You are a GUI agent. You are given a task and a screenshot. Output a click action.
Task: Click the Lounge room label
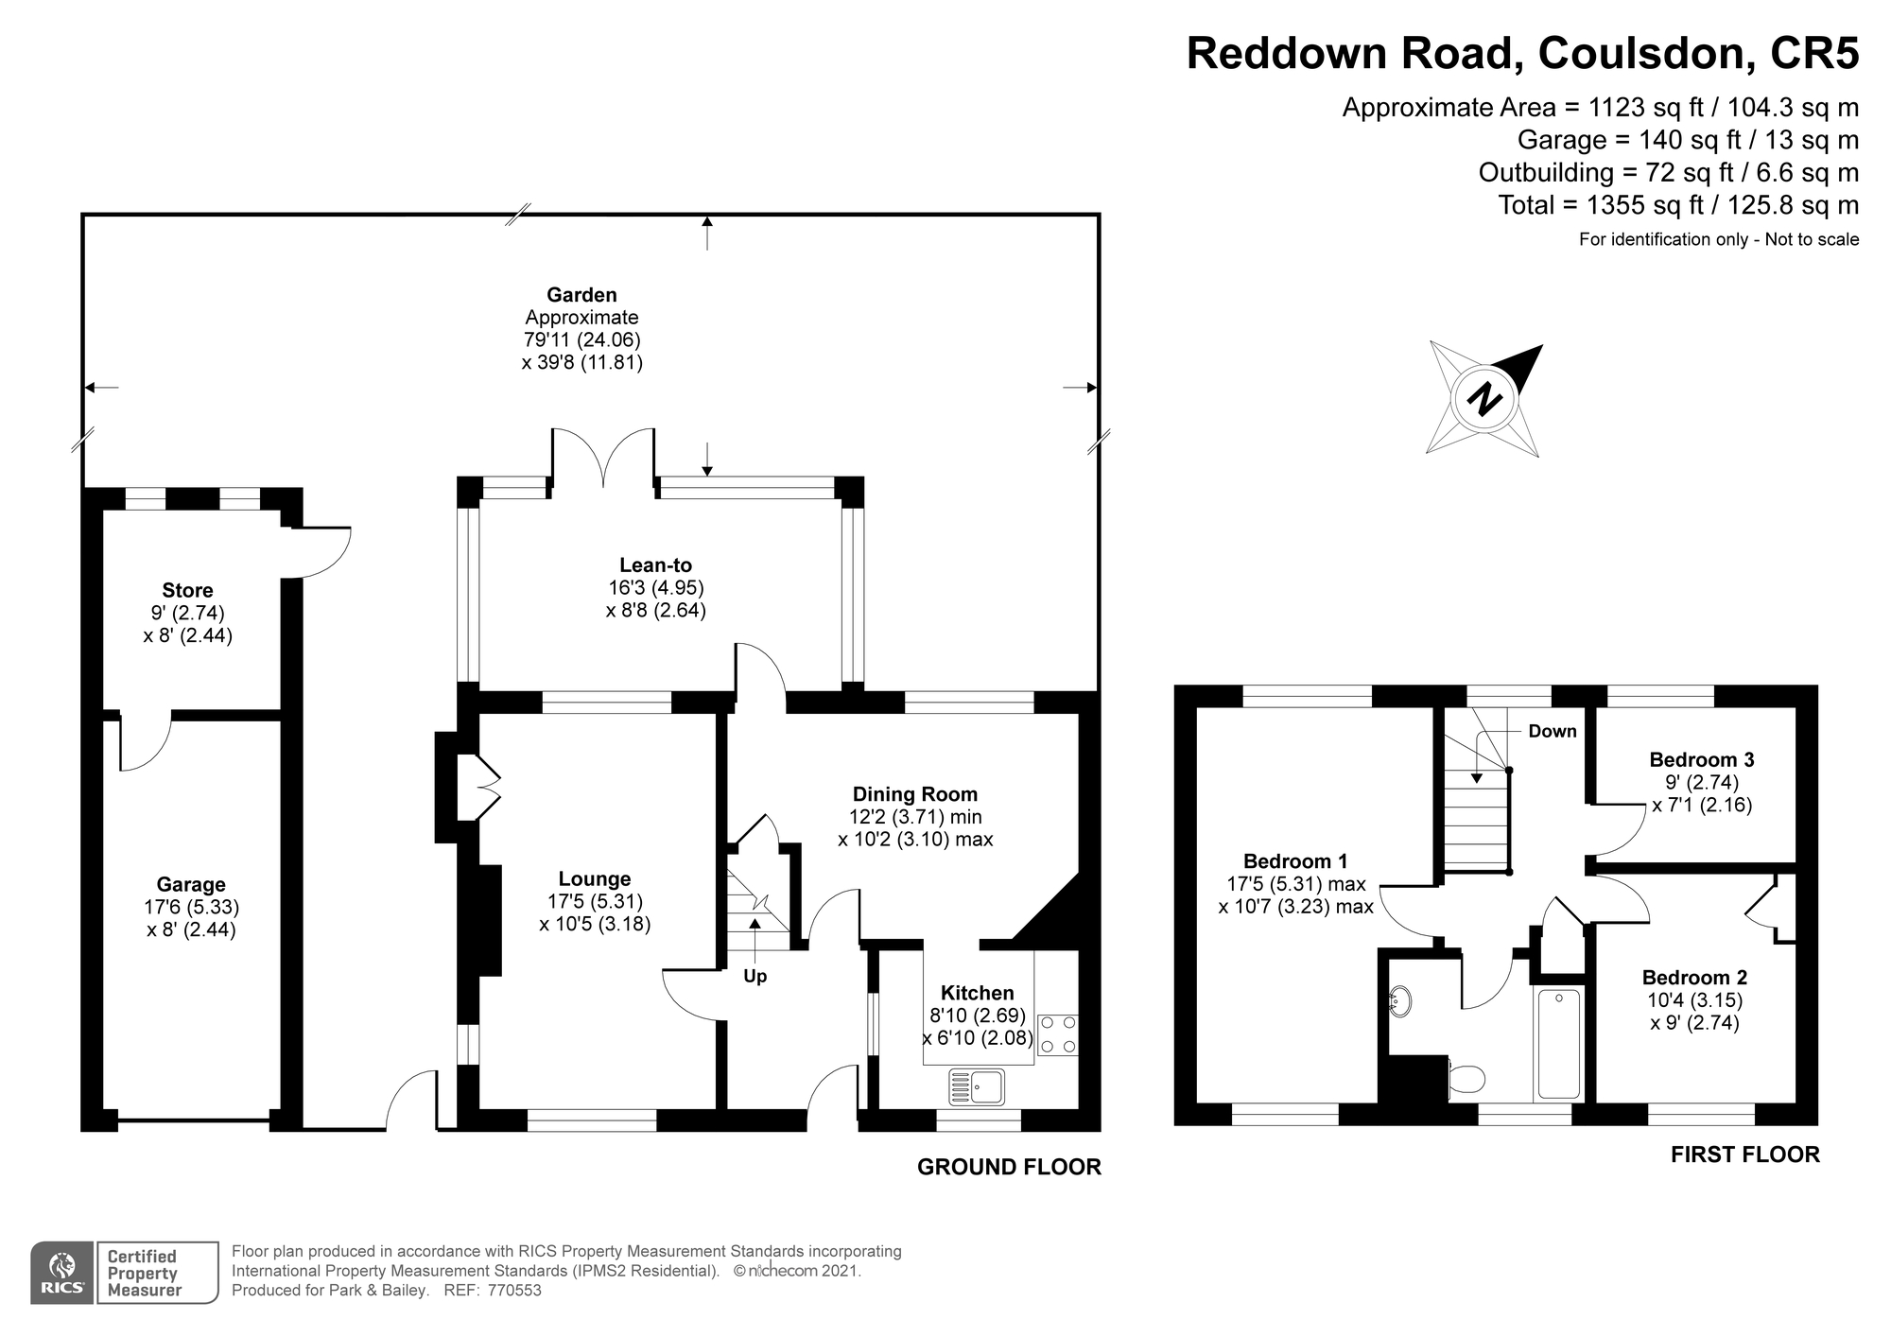(594, 879)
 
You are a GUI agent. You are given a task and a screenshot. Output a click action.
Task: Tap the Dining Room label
(914, 794)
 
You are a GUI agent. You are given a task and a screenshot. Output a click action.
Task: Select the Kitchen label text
(977, 993)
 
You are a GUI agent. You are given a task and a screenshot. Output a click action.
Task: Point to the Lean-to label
(655, 565)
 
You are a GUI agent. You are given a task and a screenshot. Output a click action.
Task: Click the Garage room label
(191, 885)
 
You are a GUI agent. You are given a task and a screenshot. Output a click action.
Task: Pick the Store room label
(187, 591)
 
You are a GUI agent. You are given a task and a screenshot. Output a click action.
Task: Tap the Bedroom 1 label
(1294, 861)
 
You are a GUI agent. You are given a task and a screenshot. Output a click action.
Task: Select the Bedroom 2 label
(1694, 978)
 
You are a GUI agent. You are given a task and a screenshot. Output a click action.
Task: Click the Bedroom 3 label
(1701, 759)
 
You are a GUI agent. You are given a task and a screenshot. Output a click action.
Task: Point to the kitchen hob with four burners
(1057, 1034)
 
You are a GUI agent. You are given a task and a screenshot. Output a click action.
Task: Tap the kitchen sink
(977, 1087)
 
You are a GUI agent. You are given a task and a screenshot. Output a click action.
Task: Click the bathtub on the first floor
(1557, 1044)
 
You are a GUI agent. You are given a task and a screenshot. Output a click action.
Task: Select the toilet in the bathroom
(1466, 1079)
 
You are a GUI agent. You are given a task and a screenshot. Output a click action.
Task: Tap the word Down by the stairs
(1552, 731)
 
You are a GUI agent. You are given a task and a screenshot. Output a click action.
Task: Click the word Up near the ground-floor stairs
(755, 976)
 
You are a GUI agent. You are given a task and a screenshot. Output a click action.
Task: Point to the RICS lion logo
(62, 1272)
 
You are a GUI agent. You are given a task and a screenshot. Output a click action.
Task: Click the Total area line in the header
(1678, 205)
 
